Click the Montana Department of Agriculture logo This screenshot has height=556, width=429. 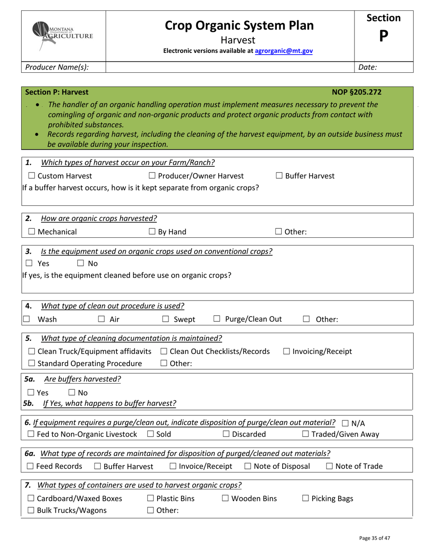[x=63, y=35]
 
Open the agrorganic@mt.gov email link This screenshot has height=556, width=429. [x=284, y=51]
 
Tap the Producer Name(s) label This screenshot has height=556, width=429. [x=57, y=67]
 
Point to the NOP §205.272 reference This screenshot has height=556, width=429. [x=356, y=92]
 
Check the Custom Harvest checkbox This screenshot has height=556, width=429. [x=32, y=176]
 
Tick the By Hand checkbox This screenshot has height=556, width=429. [x=152, y=232]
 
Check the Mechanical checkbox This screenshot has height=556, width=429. [x=32, y=232]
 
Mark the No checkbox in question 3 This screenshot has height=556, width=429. [x=81, y=264]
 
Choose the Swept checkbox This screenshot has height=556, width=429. [x=166, y=320]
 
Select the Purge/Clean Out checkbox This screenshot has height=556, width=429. [x=217, y=320]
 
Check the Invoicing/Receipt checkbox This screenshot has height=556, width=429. [x=287, y=352]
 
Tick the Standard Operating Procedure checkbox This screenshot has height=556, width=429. [x=32, y=364]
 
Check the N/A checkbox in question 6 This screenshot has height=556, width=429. [x=345, y=424]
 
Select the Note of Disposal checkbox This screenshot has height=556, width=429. [x=248, y=466]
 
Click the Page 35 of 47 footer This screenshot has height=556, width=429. [x=374, y=538]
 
